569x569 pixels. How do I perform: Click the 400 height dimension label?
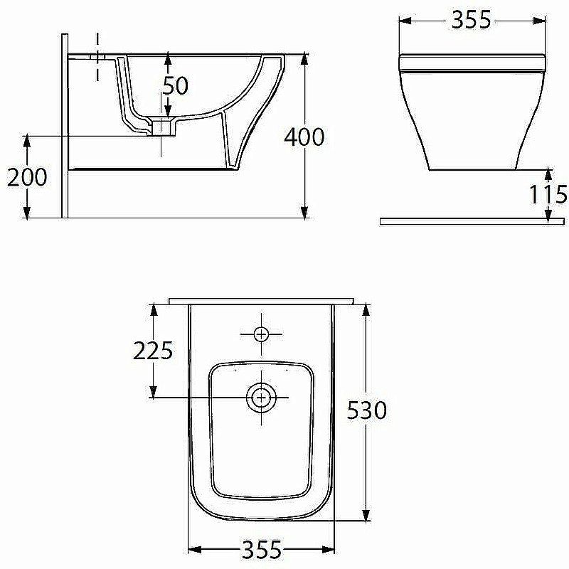pos(304,137)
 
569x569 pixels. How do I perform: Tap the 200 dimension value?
pos(27,177)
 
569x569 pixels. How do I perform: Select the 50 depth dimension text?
pos(176,85)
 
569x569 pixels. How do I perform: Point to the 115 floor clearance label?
pos(548,194)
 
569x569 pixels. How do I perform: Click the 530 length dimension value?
pos(367,410)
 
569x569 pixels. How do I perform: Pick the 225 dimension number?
pos(153,351)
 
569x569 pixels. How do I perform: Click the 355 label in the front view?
pos(471,20)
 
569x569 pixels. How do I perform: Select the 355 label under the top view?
pos(262,549)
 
